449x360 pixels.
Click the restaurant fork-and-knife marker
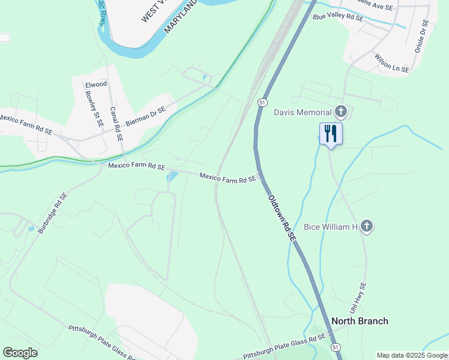[331, 133]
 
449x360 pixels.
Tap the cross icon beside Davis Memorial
[341, 112]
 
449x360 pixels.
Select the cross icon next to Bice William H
[366, 226]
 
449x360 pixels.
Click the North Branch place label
[360, 321]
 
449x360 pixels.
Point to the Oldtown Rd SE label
[282, 218]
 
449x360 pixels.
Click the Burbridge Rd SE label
[53, 213]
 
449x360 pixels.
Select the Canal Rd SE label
[116, 124]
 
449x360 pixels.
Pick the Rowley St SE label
[94, 108]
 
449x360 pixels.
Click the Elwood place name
[96, 85]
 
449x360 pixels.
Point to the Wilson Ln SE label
[391, 63]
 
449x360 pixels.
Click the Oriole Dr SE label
[421, 35]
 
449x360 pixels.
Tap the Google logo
[20, 353]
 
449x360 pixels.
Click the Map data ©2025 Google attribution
[412, 355]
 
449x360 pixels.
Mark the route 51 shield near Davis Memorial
[262, 103]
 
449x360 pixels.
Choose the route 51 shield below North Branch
[336, 347]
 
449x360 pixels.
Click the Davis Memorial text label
[303, 112]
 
